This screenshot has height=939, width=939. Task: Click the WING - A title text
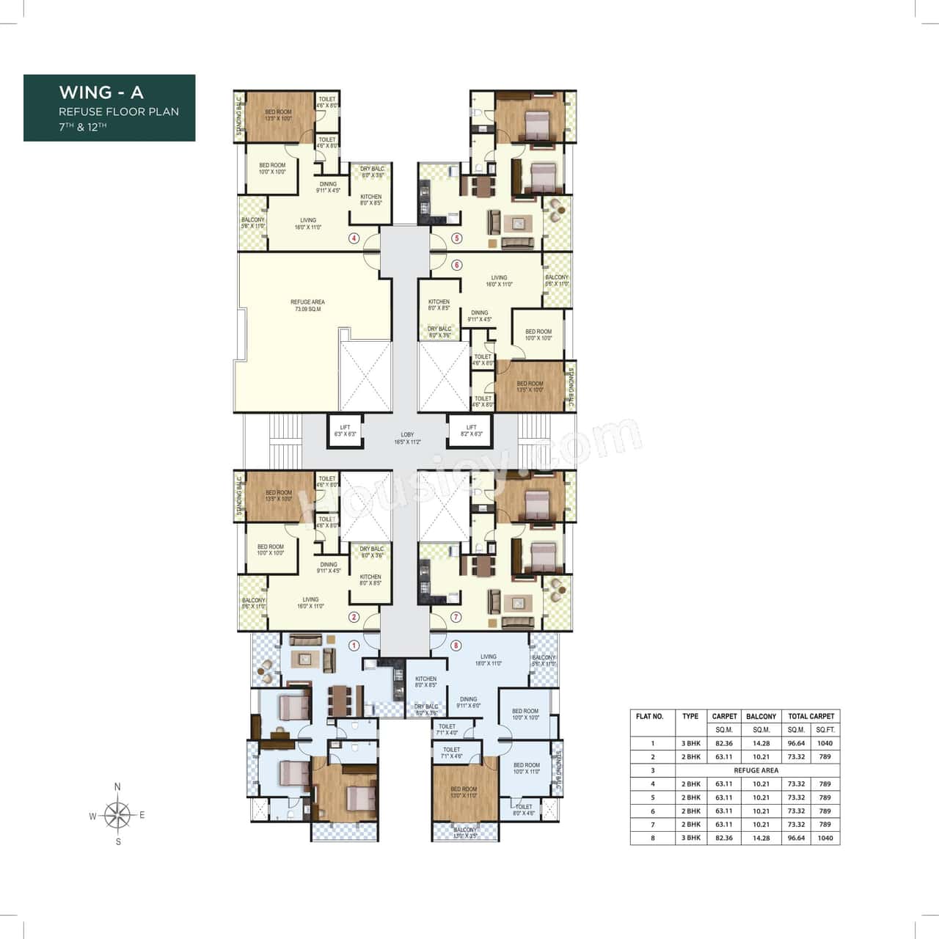101,92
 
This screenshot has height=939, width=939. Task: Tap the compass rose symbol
117,815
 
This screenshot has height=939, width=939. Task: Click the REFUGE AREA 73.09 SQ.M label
307,305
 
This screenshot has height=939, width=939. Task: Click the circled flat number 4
354,238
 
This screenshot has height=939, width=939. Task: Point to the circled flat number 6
456,265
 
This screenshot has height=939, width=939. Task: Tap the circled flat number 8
456,646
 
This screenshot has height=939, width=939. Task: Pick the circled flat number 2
354,618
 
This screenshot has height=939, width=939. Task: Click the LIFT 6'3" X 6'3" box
345,431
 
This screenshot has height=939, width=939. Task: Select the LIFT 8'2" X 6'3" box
471,431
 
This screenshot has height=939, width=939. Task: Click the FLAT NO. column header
650,716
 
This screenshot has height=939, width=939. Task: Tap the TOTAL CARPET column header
811,716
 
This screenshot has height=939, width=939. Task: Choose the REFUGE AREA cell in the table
756,770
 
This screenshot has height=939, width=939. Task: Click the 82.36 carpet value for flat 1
723,743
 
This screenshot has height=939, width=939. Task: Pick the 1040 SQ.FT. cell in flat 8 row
825,838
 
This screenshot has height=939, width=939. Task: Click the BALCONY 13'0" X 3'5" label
465,833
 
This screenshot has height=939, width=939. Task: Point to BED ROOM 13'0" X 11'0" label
464,792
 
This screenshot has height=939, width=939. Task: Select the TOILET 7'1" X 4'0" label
447,729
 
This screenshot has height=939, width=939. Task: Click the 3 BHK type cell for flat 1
690,743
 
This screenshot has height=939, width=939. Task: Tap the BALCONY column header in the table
761,716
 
